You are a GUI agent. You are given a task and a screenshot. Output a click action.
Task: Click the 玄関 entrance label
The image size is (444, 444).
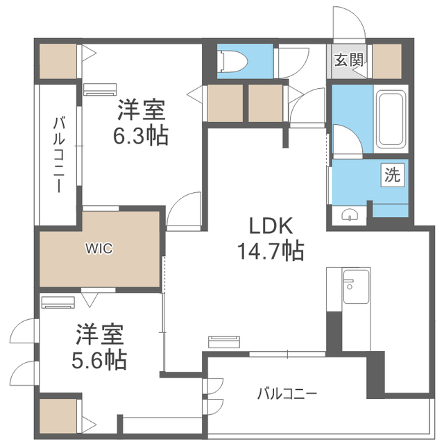[349, 60]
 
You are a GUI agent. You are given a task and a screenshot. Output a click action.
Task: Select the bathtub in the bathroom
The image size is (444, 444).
[391, 120]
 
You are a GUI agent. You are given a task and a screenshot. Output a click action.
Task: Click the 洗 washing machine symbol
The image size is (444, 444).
[393, 176]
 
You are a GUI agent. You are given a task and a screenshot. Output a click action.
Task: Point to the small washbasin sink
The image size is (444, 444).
[350, 214]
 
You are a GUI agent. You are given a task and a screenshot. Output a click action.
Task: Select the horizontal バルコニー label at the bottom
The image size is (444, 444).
[287, 393]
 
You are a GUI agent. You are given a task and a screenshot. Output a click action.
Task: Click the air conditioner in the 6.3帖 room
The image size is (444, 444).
[101, 88]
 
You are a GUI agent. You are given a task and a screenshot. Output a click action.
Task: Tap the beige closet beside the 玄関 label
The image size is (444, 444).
[387, 60]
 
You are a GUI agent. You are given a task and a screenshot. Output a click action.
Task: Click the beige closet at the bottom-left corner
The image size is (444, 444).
[57, 417]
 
